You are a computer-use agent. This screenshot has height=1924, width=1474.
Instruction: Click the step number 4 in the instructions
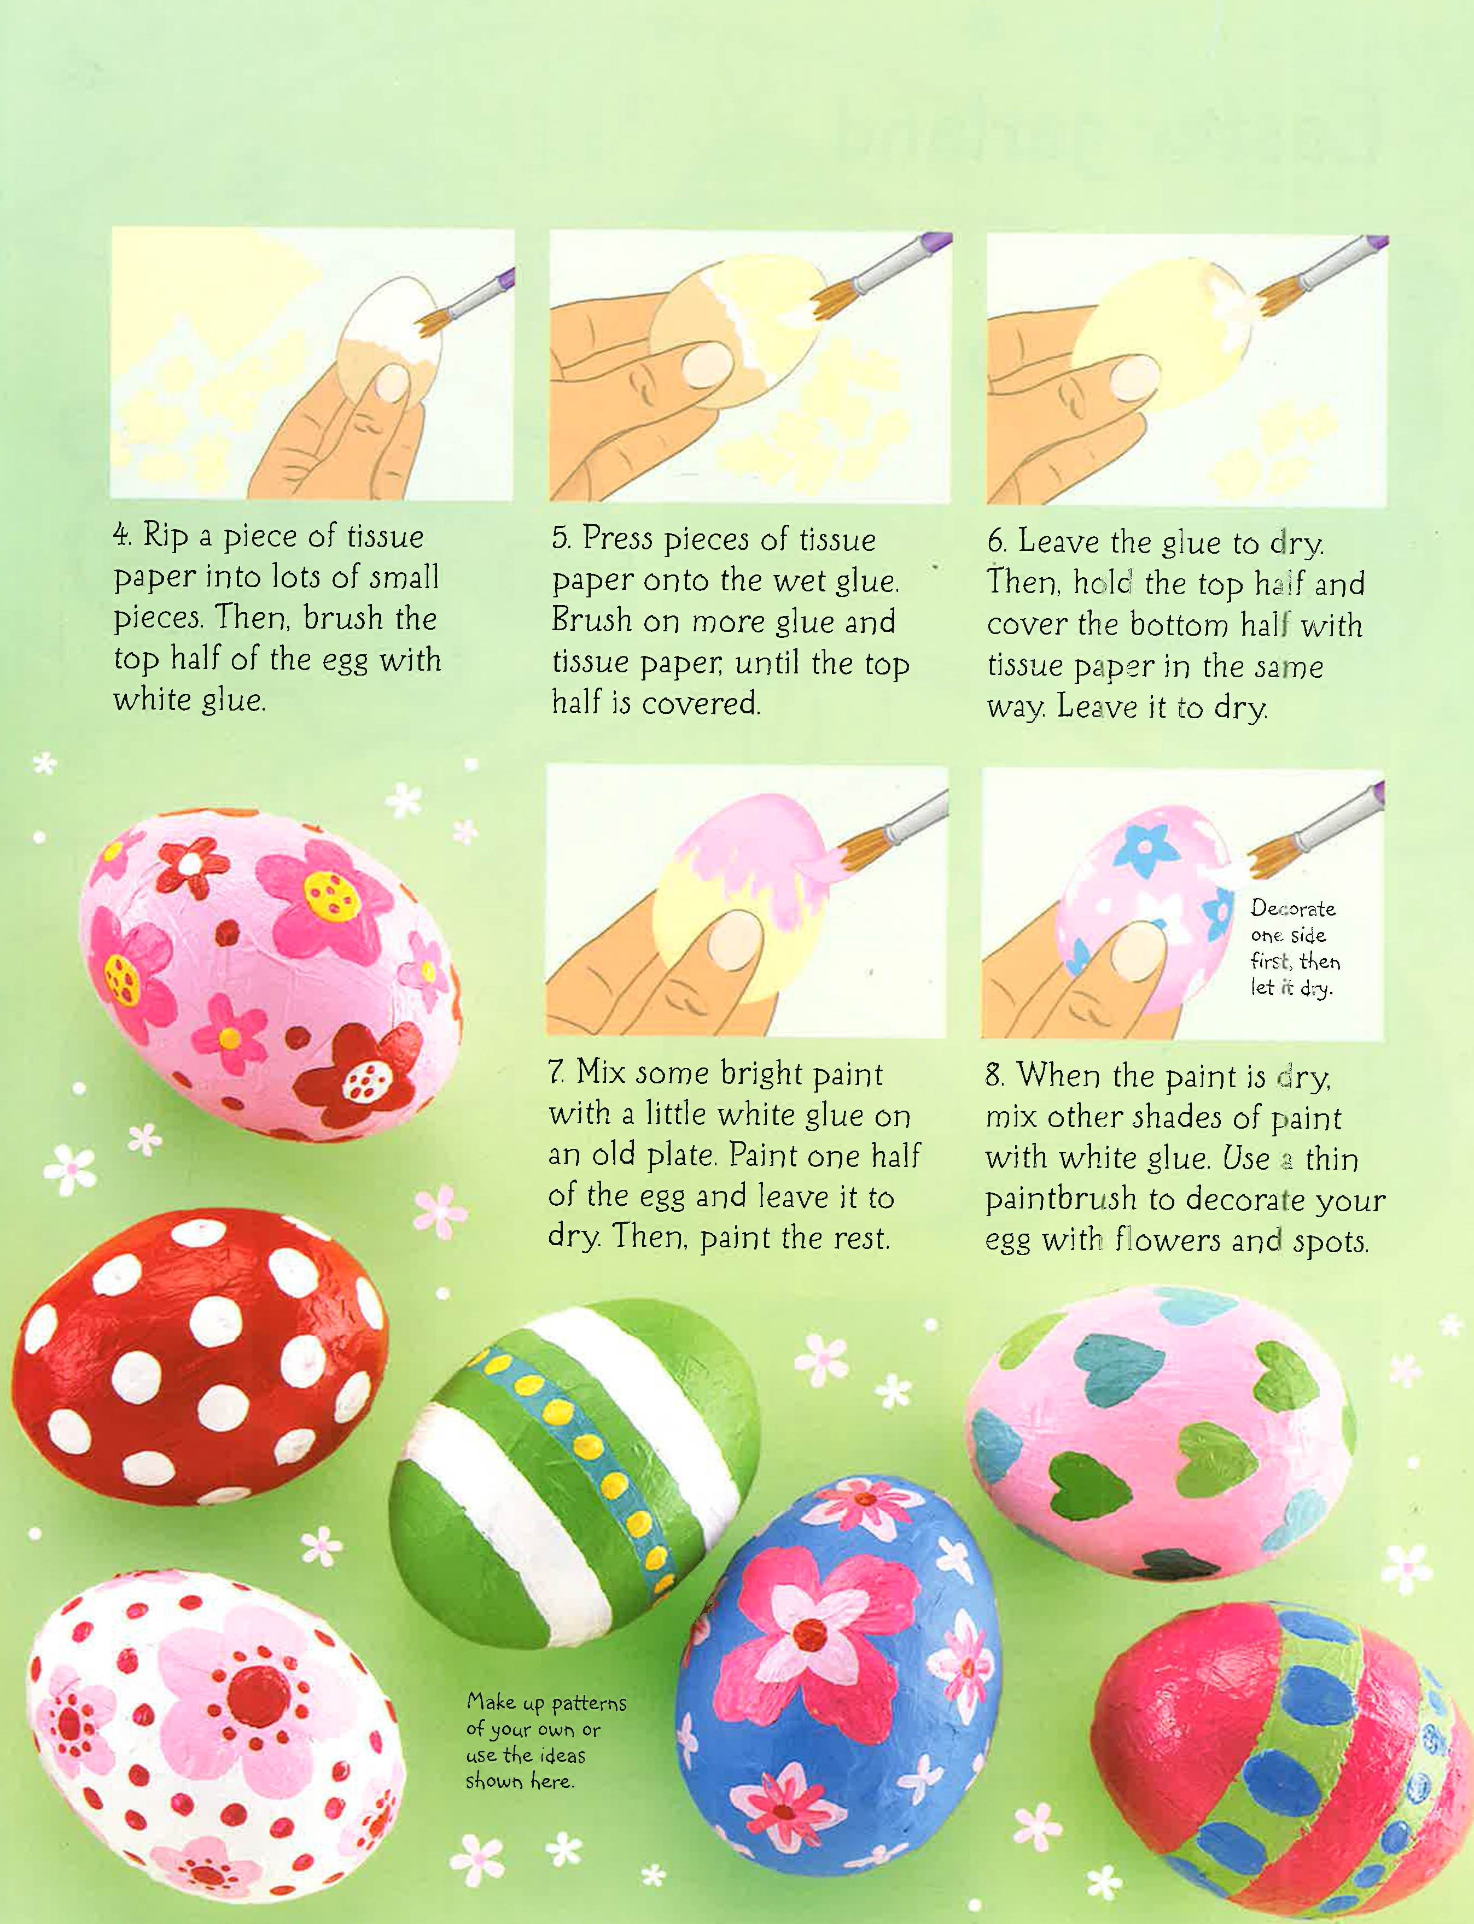click(122, 536)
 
